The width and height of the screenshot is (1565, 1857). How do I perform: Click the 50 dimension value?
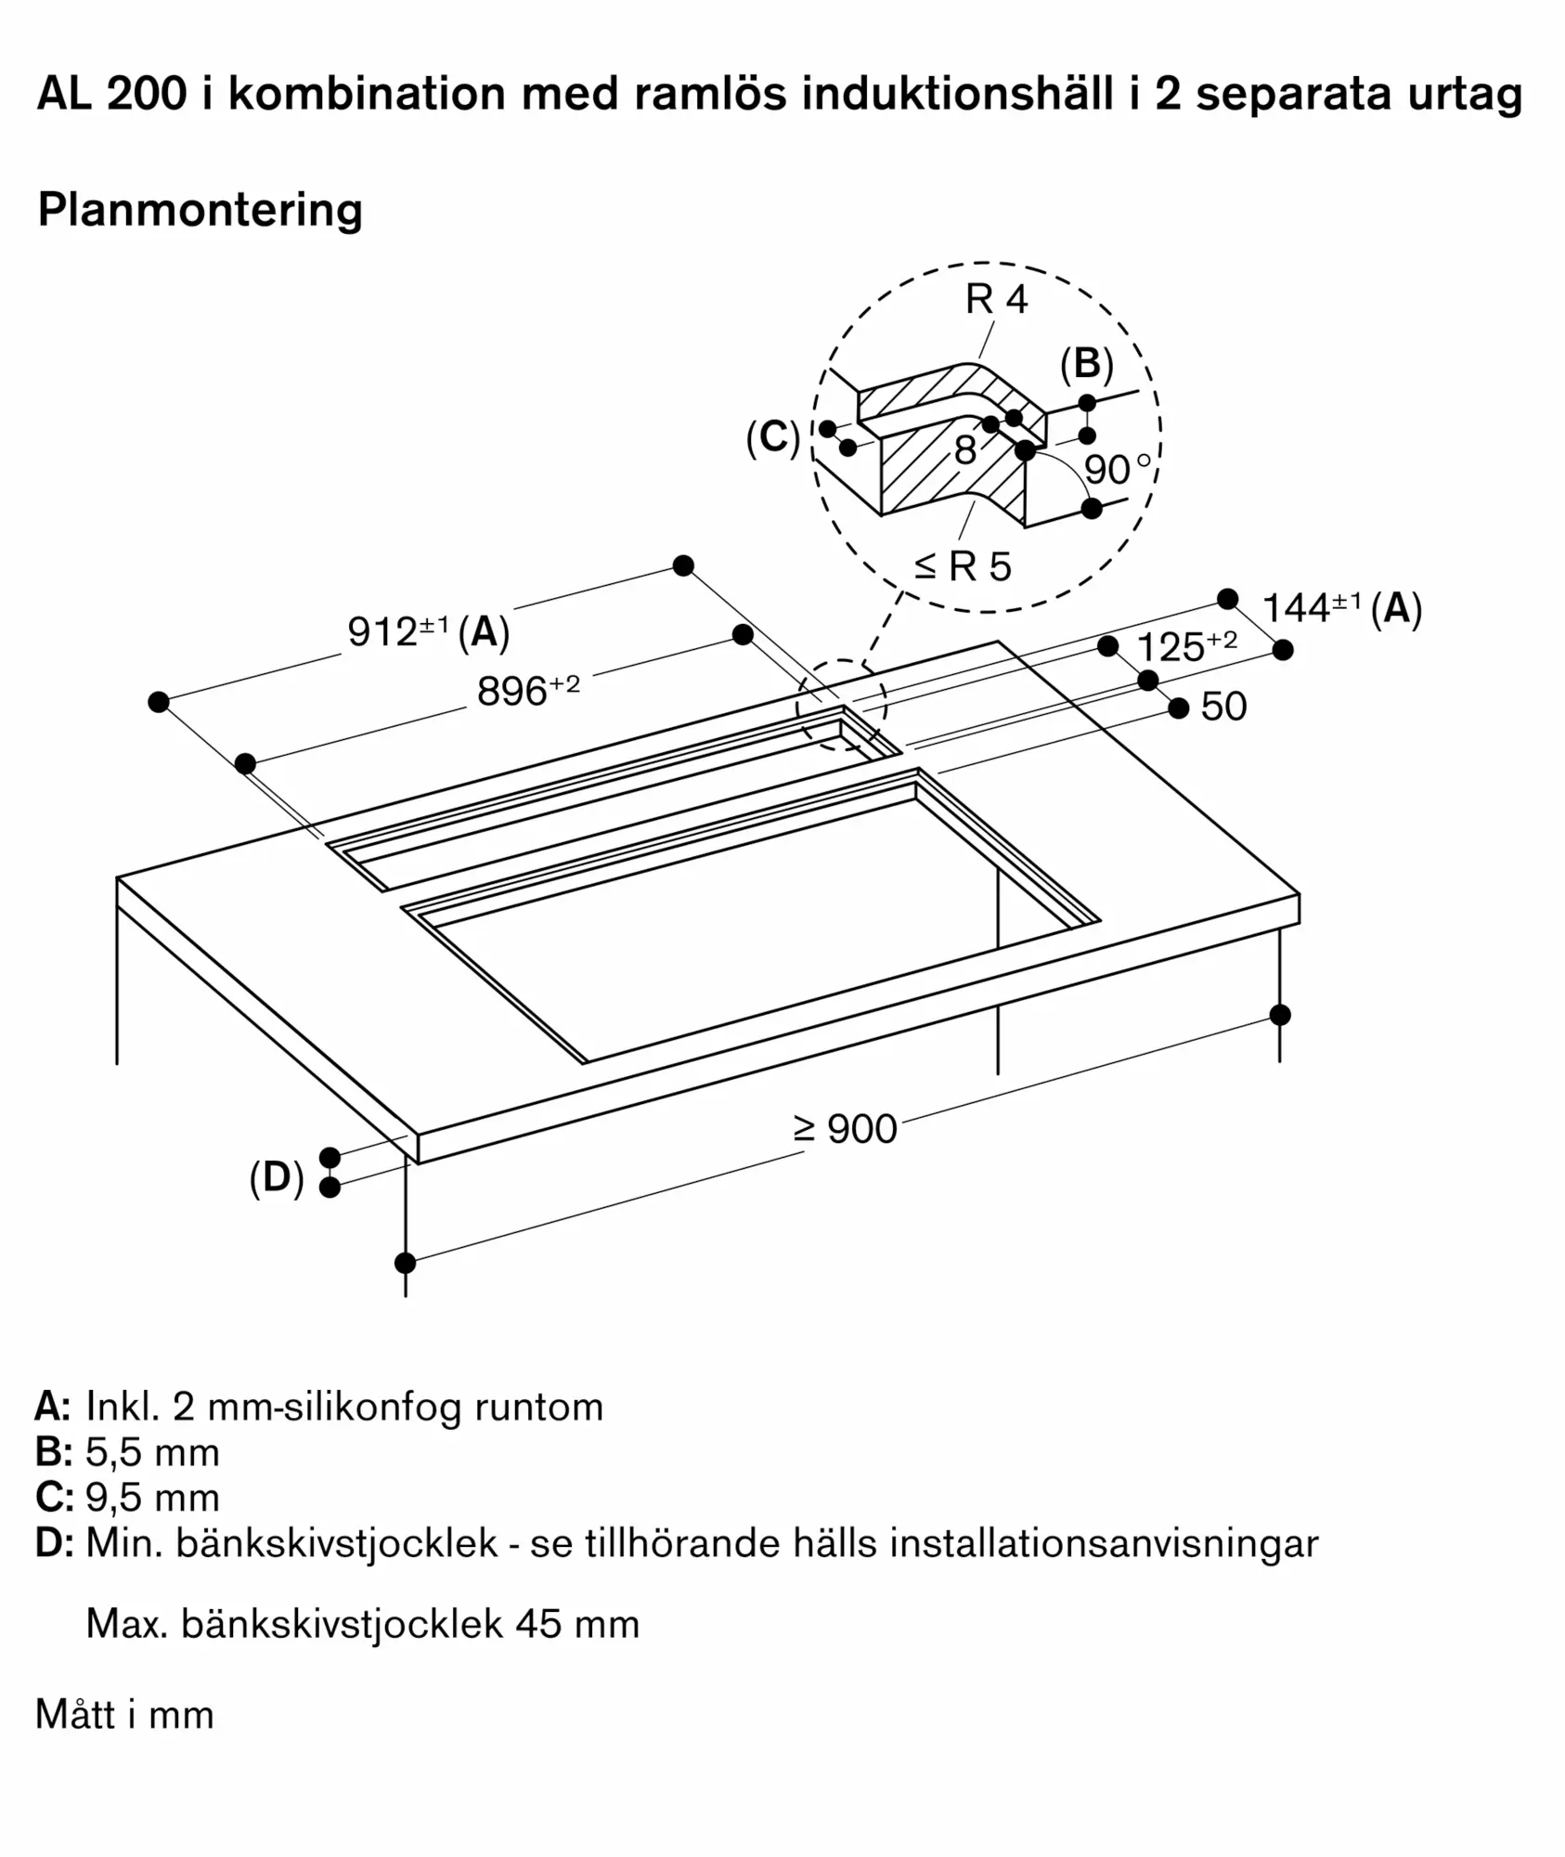click(1223, 707)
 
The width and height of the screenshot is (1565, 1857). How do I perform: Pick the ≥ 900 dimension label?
click(845, 1129)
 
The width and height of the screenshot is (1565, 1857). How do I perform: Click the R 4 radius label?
click(997, 299)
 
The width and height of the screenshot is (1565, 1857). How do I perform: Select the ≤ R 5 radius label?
click(963, 565)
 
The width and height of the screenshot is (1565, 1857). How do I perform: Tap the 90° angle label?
click(1118, 470)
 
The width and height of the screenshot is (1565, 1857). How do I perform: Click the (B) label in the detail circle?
click(1087, 365)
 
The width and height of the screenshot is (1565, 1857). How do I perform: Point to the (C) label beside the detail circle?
click(773, 437)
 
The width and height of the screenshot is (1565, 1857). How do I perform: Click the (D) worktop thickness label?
click(277, 1177)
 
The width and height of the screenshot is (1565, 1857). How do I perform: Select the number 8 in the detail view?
click(965, 451)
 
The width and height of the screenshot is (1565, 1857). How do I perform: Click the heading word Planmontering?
click(200, 210)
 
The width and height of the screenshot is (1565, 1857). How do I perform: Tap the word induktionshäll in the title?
click(957, 94)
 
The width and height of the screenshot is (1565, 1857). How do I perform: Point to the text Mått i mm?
click(124, 1715)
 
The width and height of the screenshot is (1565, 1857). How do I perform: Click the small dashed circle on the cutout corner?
click(841, 706)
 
